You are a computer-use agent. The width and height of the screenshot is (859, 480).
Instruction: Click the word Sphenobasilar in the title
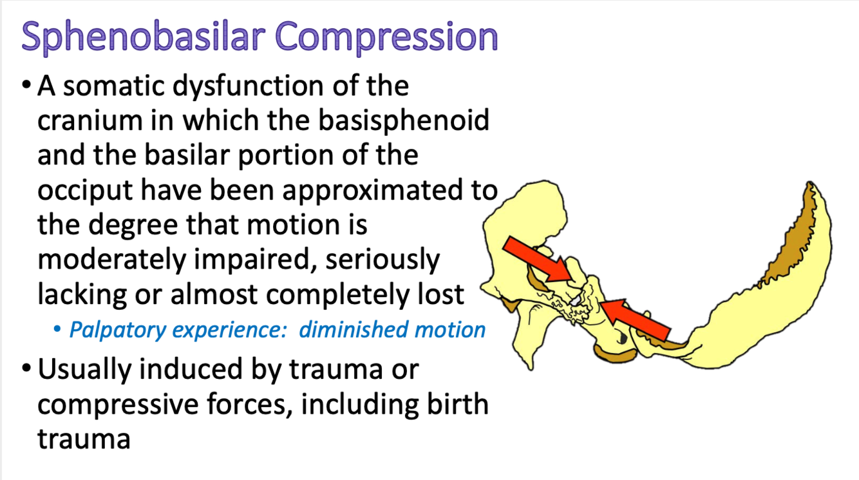pos(144,37)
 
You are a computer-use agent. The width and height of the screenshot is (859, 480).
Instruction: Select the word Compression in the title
pos(386,37)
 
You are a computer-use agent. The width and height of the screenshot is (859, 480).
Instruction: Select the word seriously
pos(382,260)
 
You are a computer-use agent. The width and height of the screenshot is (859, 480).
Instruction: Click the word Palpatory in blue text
pos(117,331)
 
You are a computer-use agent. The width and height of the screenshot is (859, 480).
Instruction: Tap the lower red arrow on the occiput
pos(635,320)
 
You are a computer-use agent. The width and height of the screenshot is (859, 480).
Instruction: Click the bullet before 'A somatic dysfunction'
pos(26,85)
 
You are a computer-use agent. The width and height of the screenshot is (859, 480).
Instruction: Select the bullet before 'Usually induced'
pos(26,368)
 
